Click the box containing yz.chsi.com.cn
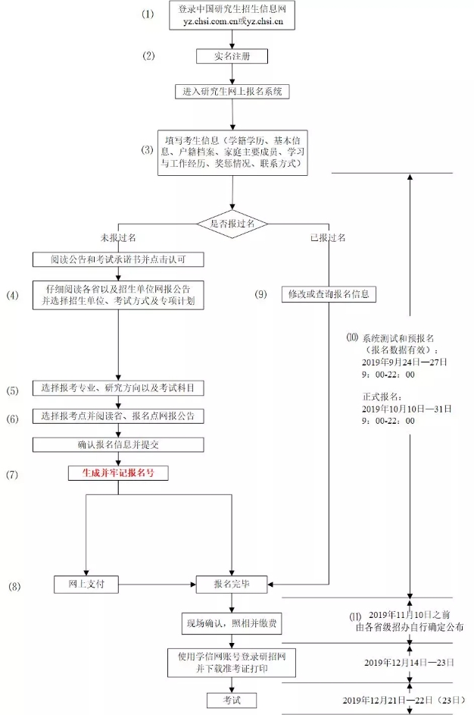click(232, 15)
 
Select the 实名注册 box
click(232, 56)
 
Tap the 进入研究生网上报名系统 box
click(232, 91)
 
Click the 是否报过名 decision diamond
click(232, 224)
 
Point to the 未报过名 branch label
click(117, 237)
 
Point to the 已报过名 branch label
click(327, 237)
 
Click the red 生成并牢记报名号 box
click(118, 472)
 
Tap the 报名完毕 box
click(232, 584)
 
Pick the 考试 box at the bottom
click(232, 698)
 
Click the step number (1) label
click(147, 14)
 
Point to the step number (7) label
click(13, 474)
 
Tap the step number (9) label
click(260, 294)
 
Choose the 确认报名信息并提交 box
click(118, 444)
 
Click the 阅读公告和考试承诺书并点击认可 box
click(118, 260)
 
